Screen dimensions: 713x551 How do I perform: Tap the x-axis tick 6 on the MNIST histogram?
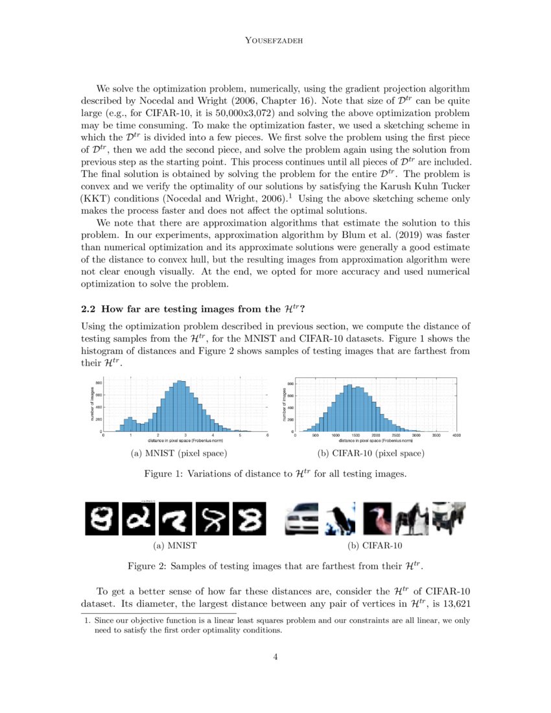pos(267,436)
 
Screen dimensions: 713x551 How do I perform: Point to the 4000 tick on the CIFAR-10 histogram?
pos(456,436)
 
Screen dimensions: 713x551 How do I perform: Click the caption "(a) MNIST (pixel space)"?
pos(179,453)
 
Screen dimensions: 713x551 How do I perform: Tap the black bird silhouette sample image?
pos(340,519)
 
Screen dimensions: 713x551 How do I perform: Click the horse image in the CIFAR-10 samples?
pos(414,519)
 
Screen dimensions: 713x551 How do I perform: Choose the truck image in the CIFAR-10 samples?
pos(449,519)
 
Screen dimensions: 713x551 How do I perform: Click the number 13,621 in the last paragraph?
pos(452,604)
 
